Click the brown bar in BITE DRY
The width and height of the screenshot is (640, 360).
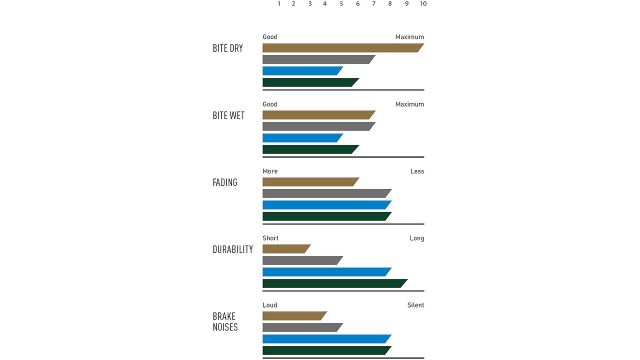tap(342, 48)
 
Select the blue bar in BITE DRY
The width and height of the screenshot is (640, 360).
tap(302, 71)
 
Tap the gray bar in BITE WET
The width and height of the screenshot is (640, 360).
tap(318, 126)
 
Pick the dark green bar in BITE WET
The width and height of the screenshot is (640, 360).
tap(310, 149)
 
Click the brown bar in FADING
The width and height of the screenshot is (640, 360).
tap(310, 182)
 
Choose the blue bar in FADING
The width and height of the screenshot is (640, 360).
tap(326, 205)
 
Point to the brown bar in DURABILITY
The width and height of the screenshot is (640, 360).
tap(286, 249)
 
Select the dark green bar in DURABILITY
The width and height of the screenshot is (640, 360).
tap(334, 283)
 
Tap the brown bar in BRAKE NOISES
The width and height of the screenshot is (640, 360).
tap(294, 316)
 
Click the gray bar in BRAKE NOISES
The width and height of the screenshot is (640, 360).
tap(302, 327)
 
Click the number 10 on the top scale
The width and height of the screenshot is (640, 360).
tap(423, 4)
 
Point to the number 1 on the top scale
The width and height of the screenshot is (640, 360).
tap(279, 4)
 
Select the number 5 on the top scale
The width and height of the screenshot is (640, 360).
tap(341, 4)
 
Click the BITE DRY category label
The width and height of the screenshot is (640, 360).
tap(228, 48)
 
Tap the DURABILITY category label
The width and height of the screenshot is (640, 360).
tap(233, 249)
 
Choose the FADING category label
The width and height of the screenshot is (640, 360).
tap(225, 182)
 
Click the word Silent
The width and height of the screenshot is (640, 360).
tap(415, 305)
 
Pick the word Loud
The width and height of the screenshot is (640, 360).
tap(269, 305)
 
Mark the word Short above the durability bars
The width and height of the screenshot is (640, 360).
tap(270, 238)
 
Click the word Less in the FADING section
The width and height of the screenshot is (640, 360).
tap(417, 171)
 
